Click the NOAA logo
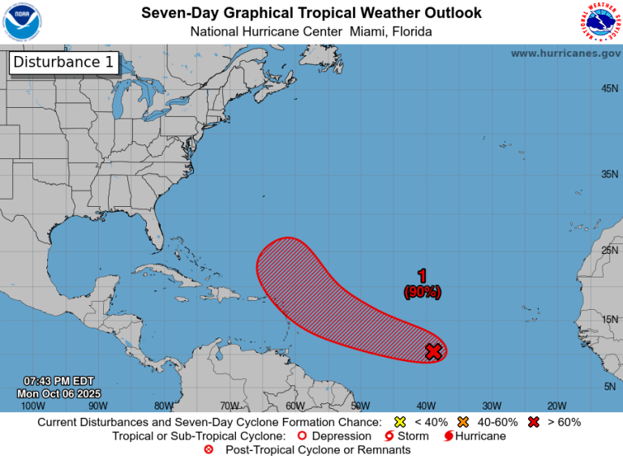[23, 22]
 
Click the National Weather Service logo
[600, 23]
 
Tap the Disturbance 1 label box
[64, 63]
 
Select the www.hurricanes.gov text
[565, 53]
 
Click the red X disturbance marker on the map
[434, 351]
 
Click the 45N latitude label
[610, 88]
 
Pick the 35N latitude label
[610, 174]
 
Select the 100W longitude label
[32, 406]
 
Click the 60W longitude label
[294, 406]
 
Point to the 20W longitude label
[556, 406]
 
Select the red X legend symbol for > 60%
[533, 422]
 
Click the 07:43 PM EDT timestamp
[59, 381]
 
